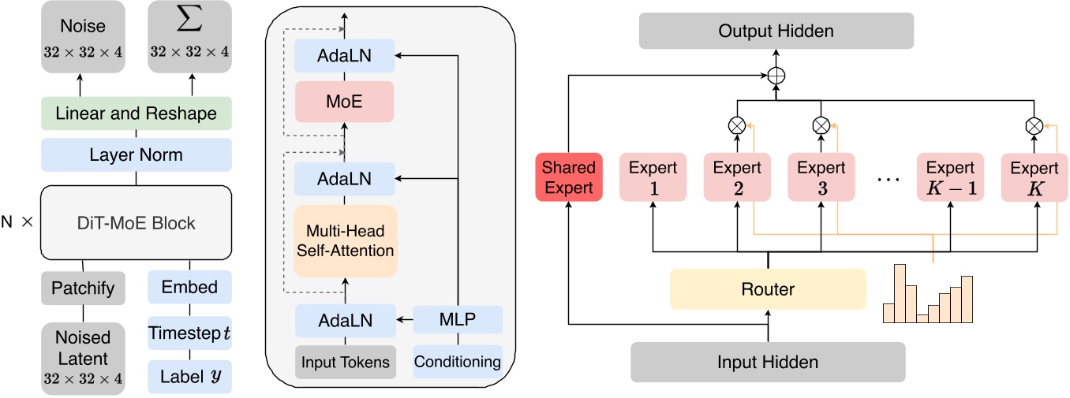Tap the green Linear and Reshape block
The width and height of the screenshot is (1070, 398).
pos(136,113)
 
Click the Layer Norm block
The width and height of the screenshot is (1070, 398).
pos(136,155)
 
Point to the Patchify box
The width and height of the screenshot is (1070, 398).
pos(83,288)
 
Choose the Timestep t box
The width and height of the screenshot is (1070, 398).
pos(189,333)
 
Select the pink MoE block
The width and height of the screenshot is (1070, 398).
pos(344,101)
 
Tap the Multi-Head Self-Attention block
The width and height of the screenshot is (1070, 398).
pos(344,240)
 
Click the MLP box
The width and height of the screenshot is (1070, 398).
pos(458,321)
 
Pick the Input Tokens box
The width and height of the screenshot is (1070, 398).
pos(346,362)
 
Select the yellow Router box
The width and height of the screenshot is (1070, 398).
pos(768,289)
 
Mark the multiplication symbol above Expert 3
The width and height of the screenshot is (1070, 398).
pos(821,124)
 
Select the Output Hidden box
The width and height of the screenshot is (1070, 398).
pos(776,32)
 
